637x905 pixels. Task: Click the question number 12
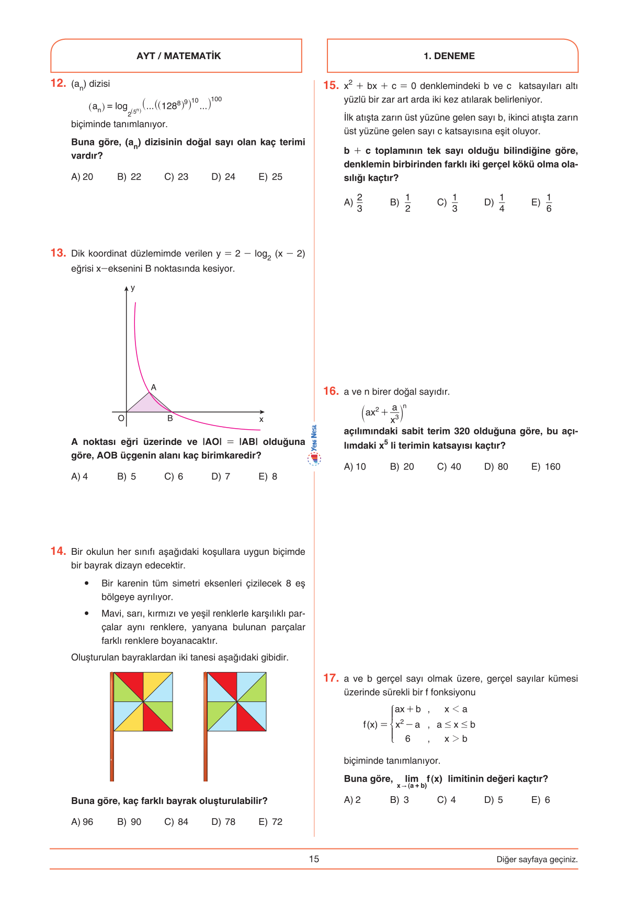(58, 83)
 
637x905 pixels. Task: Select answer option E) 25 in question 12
(270, 177)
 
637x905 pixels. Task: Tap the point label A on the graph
(154, 387)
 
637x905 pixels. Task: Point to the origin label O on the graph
(121, 418)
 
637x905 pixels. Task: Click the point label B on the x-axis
(170, 419)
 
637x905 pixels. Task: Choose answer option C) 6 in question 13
(174, 476)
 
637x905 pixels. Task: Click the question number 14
(58, 551)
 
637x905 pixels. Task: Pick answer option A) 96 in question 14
(82, 822)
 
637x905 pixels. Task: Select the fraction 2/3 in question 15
(359, 203)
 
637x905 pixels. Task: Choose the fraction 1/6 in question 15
(549, 203)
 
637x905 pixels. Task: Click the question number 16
(331, 391)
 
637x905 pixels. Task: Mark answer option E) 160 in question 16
(545, 466)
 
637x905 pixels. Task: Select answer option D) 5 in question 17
(493, 800)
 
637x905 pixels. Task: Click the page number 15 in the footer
(314, 859)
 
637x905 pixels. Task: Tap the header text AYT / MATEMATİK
(178, 56)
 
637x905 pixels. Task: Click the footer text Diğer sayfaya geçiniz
(537, 859)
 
